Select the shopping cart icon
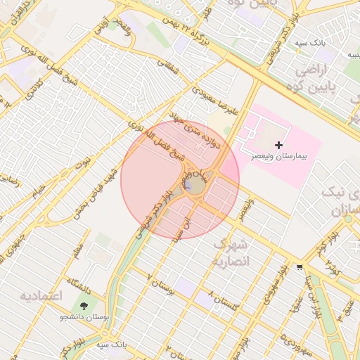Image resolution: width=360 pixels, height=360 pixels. point(300,266)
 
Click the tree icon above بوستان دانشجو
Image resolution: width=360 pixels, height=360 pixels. point(85,307)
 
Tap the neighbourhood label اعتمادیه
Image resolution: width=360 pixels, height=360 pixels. point(41,296)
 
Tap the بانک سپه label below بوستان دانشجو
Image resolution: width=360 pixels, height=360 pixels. point(110,345)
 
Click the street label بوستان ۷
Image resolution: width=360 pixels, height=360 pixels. point(160,286)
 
